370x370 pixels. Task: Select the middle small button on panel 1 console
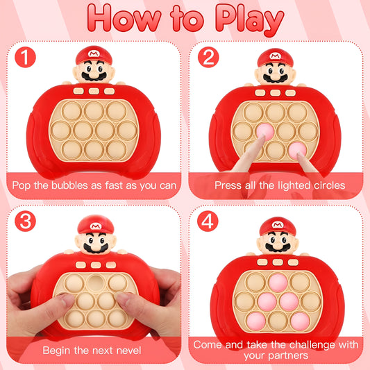pos(93,91)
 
